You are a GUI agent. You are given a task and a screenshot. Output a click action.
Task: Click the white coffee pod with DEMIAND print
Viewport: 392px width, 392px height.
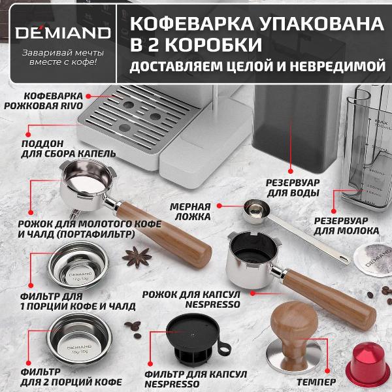tap(373, 257)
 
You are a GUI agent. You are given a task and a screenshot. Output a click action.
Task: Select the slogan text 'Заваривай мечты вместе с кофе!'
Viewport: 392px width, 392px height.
tap(59, 57)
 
